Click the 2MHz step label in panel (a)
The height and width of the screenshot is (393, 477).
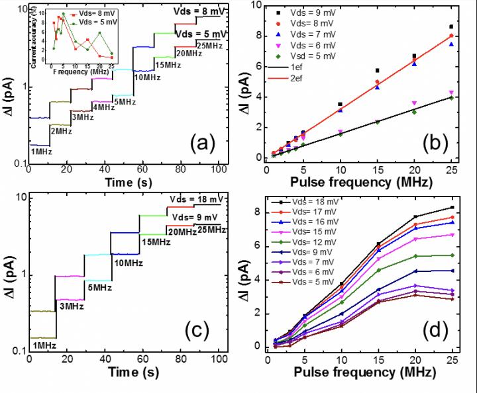62,131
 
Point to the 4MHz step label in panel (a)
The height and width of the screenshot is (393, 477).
102,108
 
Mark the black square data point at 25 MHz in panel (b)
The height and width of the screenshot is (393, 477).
451,27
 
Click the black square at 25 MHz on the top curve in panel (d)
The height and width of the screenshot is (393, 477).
452,208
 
